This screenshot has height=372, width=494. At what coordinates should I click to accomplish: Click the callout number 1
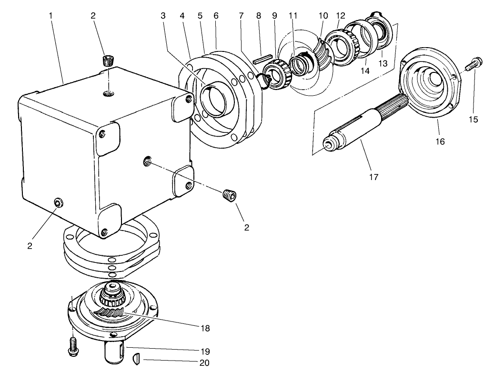click(x=50, y=15)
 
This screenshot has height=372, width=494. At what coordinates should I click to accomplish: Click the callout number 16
click(x=441, y=141)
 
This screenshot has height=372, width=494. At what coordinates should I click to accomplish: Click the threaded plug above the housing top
click(x=109, y=61)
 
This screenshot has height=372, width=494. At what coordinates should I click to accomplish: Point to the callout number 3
click(x=163, y=15)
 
